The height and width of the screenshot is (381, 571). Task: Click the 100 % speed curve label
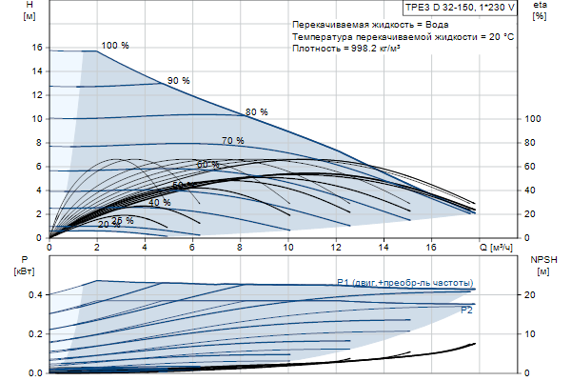pos(114,46)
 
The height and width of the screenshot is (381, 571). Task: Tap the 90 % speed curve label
pos(179,81)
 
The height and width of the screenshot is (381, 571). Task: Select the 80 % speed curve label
pos(257,112)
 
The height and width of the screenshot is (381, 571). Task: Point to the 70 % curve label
pos(233,141)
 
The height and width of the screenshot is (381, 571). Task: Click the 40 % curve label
pos(159,203)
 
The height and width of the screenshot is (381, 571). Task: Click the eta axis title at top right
pos(540,12)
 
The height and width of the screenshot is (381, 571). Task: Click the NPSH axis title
pos(541,265)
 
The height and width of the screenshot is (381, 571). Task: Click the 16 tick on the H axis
pos(36,48)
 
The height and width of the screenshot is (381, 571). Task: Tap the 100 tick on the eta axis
pos(533,119)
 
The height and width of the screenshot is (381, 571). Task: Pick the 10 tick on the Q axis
pos(288,248)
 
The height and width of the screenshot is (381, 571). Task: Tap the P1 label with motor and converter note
pos(404,283)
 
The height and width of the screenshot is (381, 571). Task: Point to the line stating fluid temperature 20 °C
pos(404,35)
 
